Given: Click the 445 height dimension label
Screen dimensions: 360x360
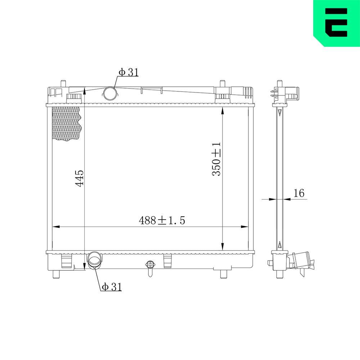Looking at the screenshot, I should click(80, 178).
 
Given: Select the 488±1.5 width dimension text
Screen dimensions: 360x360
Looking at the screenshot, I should click(162, 220).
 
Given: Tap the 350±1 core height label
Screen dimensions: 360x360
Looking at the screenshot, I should click(217, 159).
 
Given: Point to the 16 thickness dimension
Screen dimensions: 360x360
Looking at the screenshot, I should click(299, 193).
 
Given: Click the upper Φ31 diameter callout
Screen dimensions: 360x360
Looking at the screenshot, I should click(128, 72).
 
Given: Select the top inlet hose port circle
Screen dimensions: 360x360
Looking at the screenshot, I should click(110, 94).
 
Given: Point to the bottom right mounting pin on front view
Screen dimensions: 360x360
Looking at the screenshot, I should click(224, 274).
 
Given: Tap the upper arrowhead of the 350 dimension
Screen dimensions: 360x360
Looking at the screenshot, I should click(223, 112).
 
